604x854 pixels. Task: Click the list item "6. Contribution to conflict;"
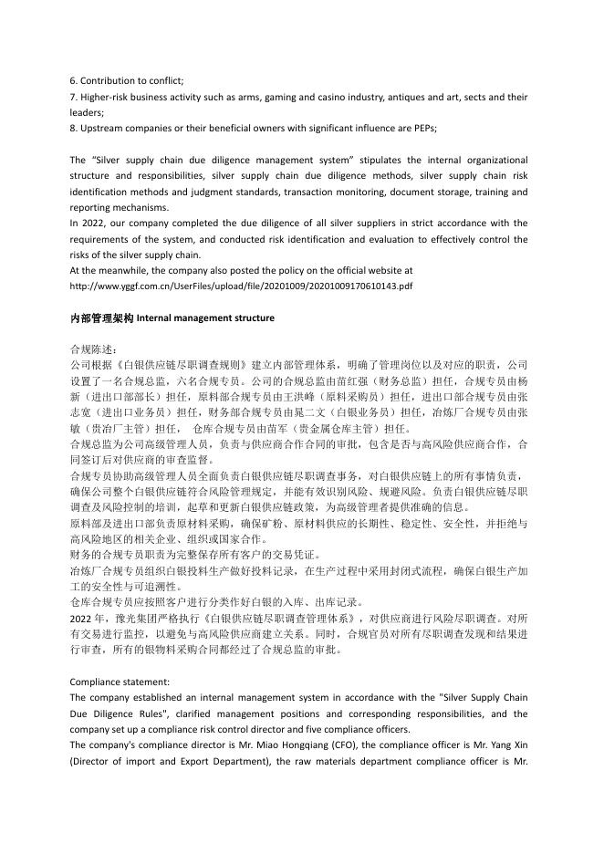127,80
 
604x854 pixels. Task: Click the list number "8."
74,128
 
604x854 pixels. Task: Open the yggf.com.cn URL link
241,286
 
